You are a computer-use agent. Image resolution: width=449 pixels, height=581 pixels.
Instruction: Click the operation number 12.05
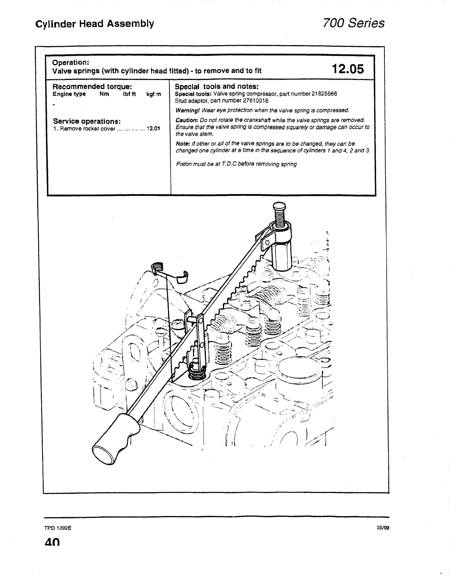tap(347, 69)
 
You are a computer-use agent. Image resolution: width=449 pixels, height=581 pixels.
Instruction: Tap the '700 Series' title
tap(353, 23)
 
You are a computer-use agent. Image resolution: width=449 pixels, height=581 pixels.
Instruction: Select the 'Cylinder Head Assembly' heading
tap(95, 24)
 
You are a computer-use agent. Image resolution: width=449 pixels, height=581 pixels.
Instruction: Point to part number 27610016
tap(256, 101)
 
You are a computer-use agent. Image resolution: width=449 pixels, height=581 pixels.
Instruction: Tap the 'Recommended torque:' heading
tap(92, 87)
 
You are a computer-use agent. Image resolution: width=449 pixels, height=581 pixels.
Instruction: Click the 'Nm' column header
tap(104, 94)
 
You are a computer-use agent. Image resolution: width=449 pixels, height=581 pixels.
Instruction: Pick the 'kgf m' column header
tap(154, 94)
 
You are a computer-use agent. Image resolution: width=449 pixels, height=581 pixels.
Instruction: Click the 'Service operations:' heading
tap(87, 121)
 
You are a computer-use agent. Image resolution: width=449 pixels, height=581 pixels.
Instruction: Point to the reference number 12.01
tap(153, 129)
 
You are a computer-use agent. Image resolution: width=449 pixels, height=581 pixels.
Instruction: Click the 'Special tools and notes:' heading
tap(216, 87)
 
